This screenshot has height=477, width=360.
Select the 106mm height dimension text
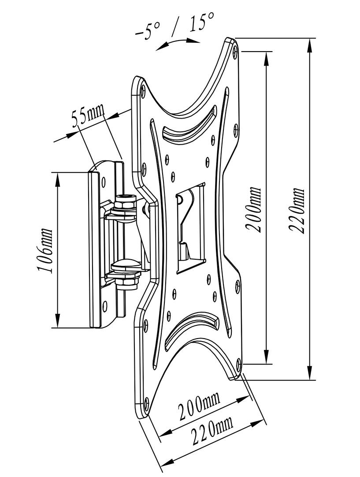(x=46, y=251)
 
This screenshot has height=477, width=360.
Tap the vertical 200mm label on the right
(x=254, y=209)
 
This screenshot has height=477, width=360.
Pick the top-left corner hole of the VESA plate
(x=144, y=90)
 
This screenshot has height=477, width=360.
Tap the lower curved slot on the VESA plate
(x=192, y=326)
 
